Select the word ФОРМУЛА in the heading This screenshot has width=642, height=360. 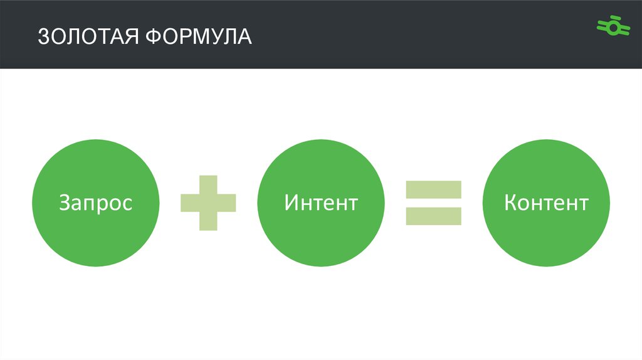199,36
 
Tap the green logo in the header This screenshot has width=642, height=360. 613,27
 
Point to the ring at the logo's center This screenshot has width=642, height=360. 613,28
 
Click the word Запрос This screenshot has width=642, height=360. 95,203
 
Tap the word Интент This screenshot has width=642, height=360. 320,203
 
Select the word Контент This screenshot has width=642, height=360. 546,203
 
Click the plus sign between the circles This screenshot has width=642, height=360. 208,203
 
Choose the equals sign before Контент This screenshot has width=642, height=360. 433,203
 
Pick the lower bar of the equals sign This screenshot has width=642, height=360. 433,216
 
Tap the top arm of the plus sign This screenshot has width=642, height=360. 208,183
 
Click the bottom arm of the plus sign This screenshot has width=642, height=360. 208,221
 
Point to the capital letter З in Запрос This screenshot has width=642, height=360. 65,203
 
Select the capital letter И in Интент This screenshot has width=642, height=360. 291,203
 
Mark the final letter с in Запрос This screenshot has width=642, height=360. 127,204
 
